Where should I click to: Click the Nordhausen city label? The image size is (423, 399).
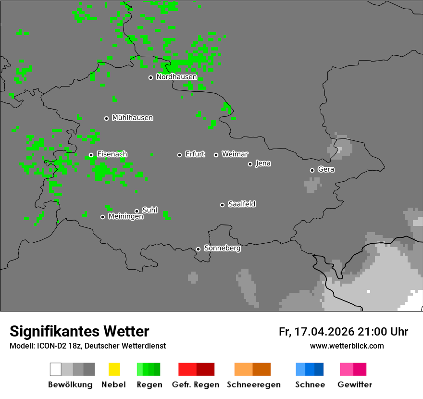point(176,77)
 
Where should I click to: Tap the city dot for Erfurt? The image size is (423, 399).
point(179,155)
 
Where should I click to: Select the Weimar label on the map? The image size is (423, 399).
point(235,154)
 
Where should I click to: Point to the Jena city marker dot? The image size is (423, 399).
point(250,164)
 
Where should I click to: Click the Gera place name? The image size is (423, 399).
point(326,170)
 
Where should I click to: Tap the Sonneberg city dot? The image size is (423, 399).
point(198,249)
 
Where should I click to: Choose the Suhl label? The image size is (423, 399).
point(149,210)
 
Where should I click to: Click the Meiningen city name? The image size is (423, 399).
point(125,217)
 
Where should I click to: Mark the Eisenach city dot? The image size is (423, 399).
point(91,155)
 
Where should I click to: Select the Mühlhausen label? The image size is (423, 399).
point(132,118)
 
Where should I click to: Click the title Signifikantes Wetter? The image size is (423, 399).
point(79,331)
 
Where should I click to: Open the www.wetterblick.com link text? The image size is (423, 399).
point(347,346)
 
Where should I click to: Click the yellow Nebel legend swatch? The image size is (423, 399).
point(114,369)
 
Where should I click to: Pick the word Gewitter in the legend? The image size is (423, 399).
point(355,385)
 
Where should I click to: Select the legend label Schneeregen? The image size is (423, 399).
point(253,385)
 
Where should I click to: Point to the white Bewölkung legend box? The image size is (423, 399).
point(56,369)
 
